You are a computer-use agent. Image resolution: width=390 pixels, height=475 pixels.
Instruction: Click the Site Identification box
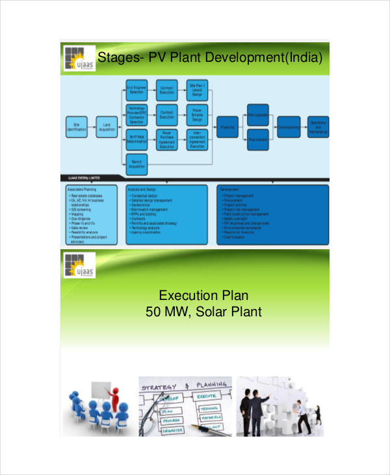point(76,126)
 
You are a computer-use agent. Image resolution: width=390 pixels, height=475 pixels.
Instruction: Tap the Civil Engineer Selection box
point(136,90)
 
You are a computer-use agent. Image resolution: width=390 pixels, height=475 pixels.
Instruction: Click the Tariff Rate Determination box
point(136,138)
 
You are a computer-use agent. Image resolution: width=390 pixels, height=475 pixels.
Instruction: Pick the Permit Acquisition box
point(136,163)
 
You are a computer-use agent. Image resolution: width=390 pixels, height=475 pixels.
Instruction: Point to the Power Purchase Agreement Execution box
point(167,138)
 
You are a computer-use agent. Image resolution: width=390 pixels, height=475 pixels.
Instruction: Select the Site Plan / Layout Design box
point(197,90)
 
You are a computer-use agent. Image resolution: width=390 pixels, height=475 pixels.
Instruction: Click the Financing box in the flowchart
point(227,126)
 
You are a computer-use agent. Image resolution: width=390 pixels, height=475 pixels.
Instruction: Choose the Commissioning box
point(288,126)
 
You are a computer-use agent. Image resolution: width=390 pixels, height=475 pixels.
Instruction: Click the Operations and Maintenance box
point(318,126)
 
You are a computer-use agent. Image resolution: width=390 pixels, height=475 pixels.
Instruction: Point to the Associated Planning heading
point(80,189)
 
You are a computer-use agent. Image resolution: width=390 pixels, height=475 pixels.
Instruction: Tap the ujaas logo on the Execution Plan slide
point(77,266)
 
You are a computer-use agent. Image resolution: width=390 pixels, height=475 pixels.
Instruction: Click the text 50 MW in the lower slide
point(164,312)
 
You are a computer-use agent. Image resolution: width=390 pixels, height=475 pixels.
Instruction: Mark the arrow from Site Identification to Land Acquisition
point(91,126)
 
